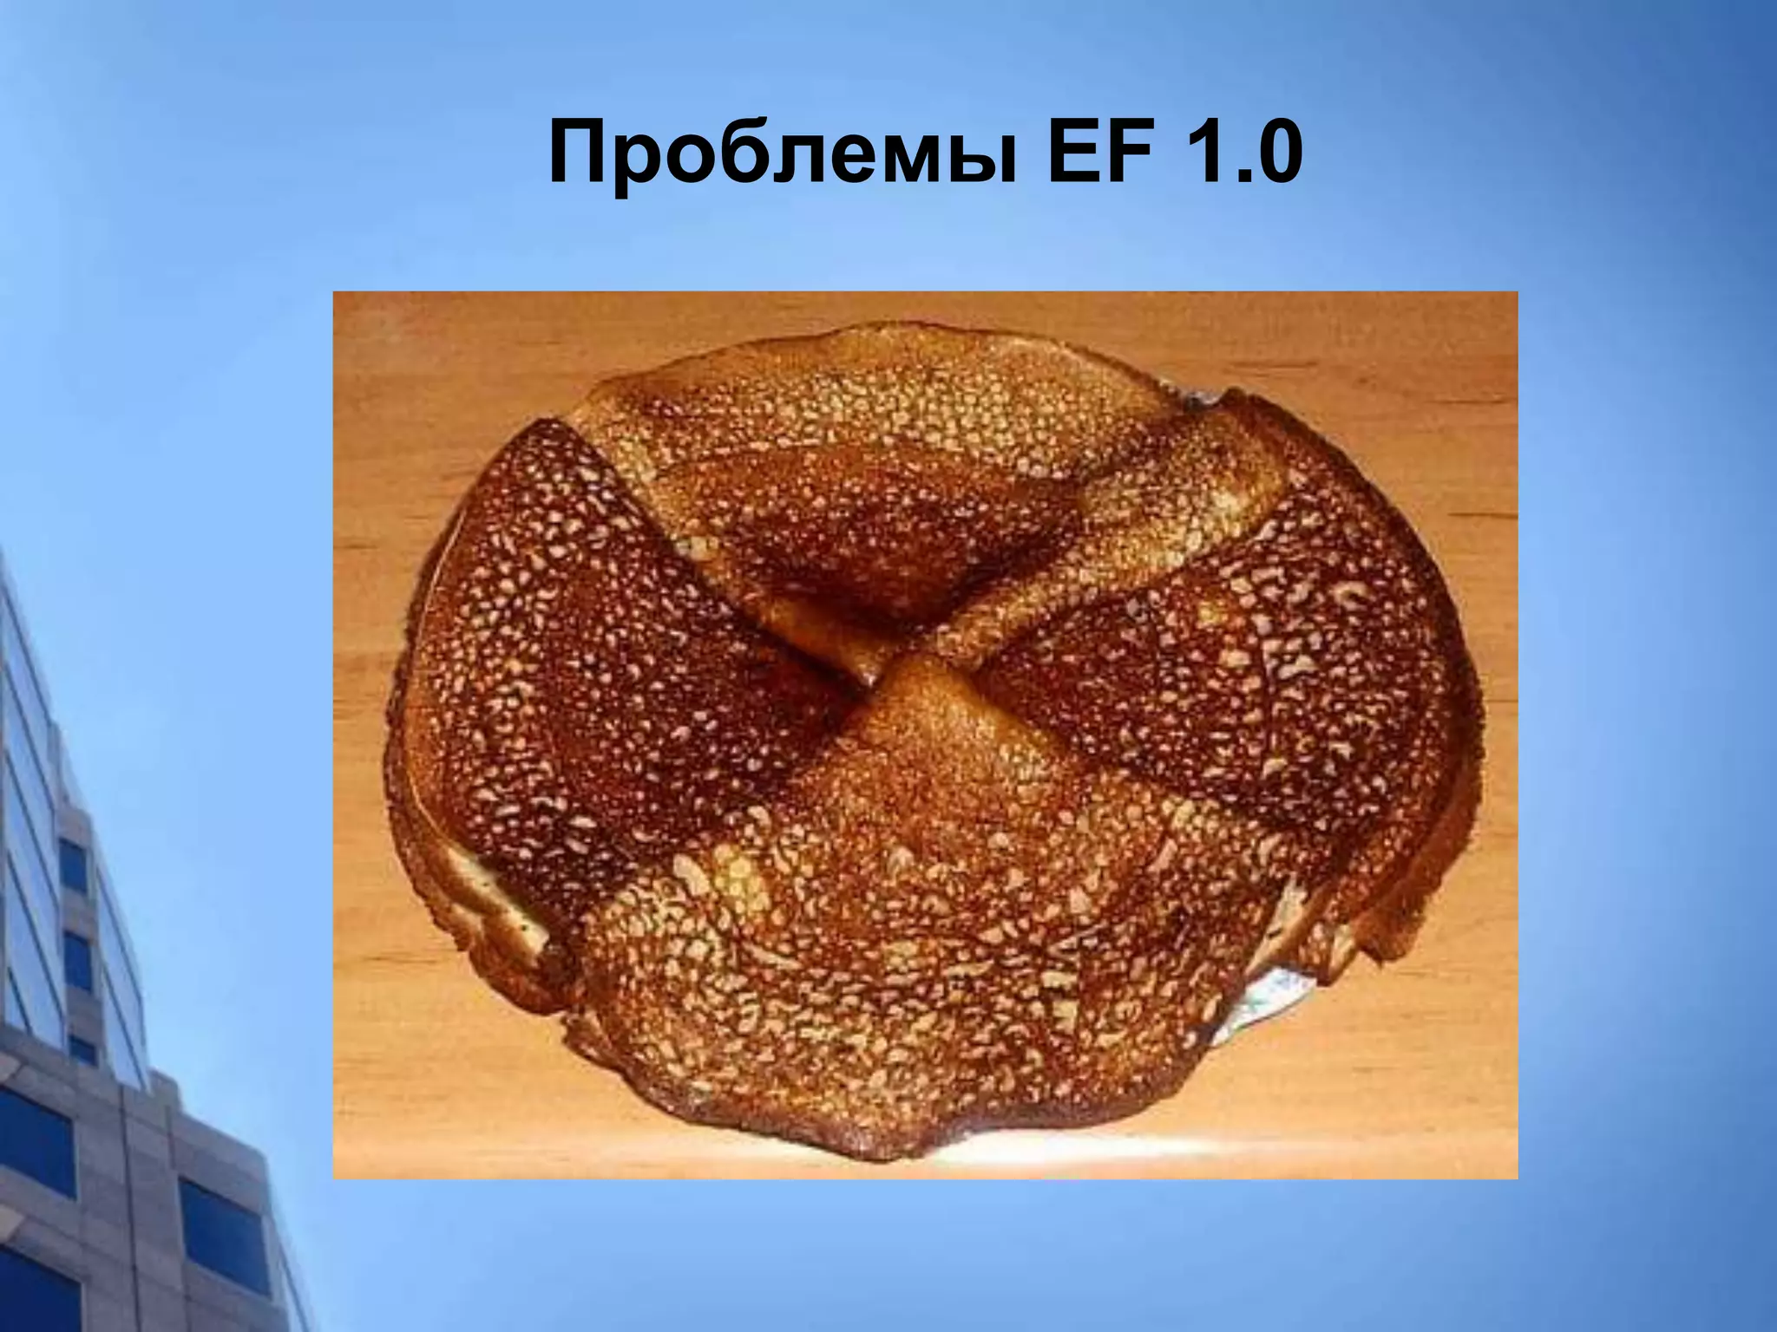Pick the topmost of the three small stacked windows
tap(73, 867)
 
